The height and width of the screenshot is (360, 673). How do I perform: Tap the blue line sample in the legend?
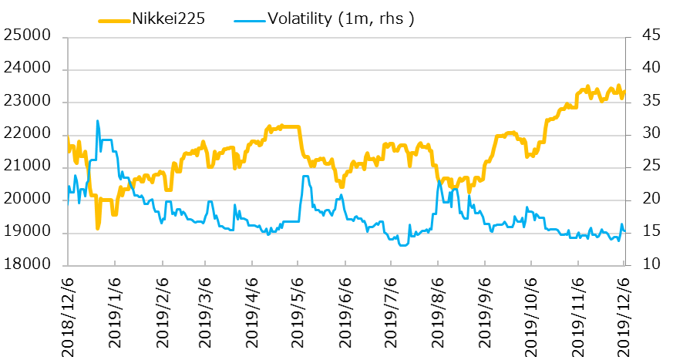click(254, 19)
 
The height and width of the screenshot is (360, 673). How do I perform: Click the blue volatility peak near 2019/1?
click(97, 121)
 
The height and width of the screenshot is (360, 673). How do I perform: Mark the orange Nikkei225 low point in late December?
click(98, 228)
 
